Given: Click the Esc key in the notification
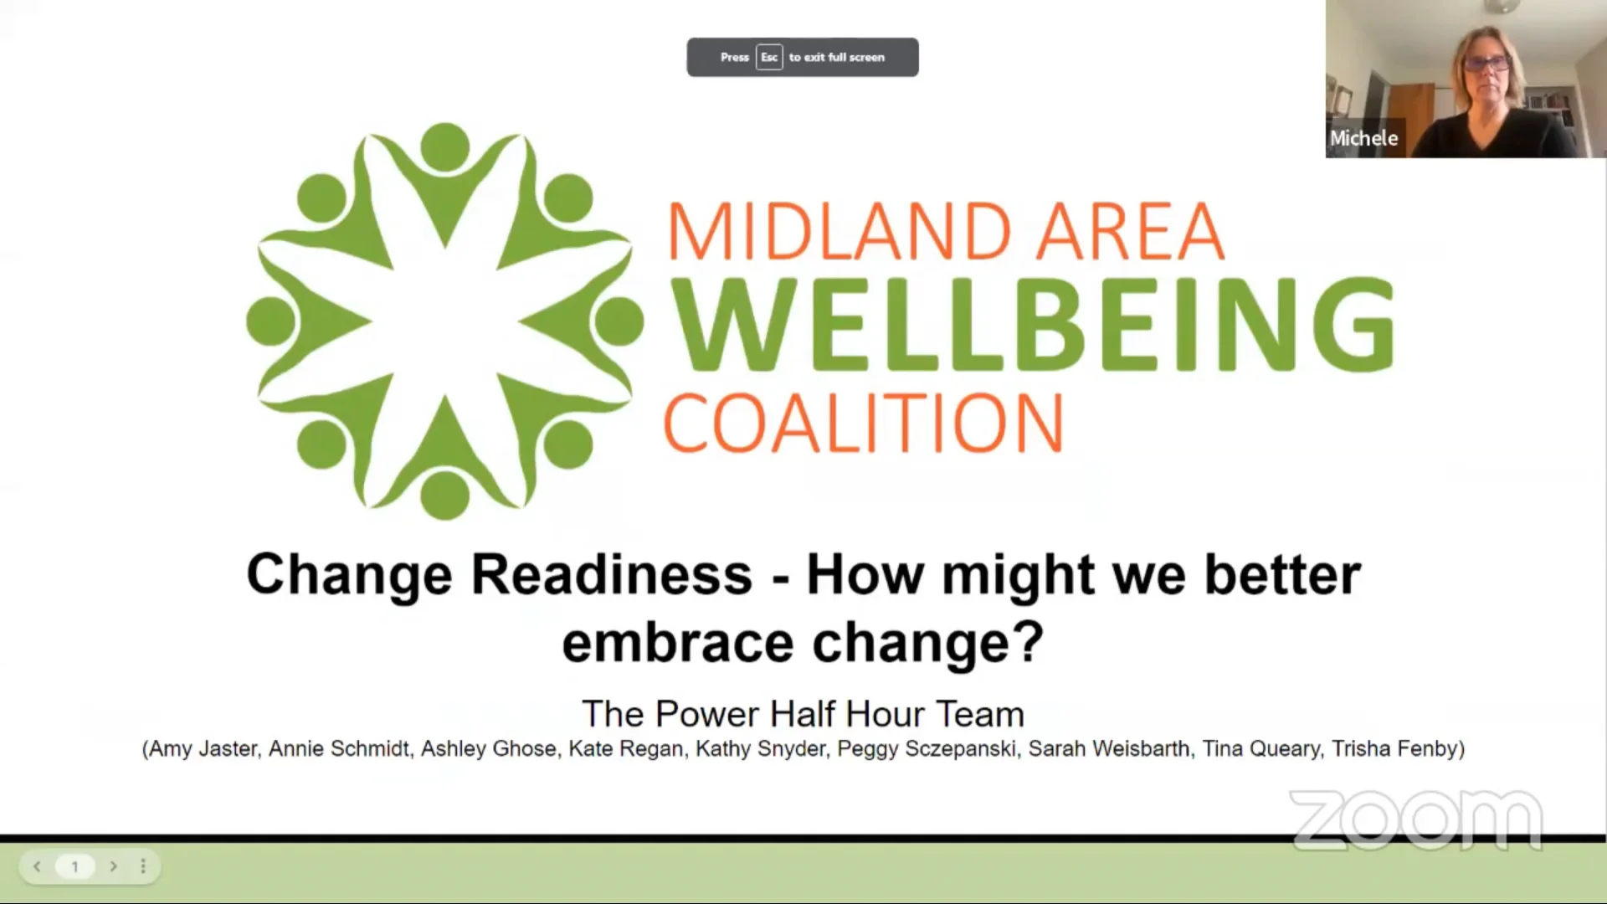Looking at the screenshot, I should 768,57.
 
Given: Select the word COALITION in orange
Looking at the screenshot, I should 863,424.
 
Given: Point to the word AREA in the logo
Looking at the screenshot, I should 1131,232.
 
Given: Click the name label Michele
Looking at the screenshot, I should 1363,138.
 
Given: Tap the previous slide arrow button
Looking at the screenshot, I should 37,866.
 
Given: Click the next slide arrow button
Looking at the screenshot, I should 113,866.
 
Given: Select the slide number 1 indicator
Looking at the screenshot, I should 74,866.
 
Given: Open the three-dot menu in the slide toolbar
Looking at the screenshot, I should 143,866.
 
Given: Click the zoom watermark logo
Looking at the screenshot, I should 1415,819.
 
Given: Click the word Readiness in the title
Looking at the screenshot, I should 612,575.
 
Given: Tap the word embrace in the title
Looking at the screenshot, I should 677,642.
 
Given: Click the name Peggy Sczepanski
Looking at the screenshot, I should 927,748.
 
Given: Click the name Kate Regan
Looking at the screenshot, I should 625,748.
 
